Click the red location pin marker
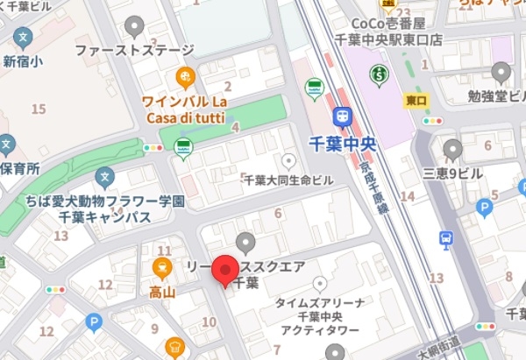point(225,271)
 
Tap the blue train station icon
point(342,116)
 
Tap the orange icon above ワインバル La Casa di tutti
point(185,76)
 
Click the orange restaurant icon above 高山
point(161,267)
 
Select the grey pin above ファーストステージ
point(134,27)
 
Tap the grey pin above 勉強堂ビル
point(501,72)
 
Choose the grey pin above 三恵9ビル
point(452,150)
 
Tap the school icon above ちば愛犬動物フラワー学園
point(105,178)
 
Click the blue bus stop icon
point(446,238)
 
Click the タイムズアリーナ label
point(320,302)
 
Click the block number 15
point(38,109)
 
